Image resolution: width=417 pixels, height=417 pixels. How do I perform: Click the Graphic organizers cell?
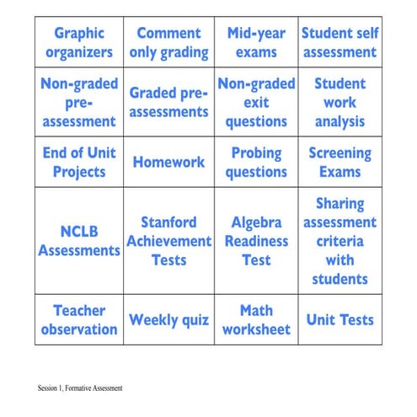point(79,43)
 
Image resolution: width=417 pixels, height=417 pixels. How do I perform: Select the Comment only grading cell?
point(168,43)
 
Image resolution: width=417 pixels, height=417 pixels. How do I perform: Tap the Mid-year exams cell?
point(256,43)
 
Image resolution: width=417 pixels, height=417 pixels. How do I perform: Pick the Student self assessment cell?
point(339,43)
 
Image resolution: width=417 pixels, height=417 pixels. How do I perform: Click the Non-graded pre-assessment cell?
point(79,103)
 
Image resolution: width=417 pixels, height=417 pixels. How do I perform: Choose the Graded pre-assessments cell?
point(168,103)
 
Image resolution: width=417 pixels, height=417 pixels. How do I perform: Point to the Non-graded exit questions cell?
point(256,103)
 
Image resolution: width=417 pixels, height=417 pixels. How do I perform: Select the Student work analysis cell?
point(339,103)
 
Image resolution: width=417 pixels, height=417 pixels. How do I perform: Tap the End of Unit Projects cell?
point(79,163)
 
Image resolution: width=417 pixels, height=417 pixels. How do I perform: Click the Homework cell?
point(168,163)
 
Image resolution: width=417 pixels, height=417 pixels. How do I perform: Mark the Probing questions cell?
point(256,163)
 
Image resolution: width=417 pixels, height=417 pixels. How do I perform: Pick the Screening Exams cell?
point(339,163)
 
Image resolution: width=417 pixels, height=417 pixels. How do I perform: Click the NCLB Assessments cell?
point(79,241)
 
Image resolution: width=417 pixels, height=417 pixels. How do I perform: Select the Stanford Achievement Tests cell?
point(168,241)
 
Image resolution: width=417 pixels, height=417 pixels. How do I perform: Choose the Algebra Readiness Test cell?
point(256,241)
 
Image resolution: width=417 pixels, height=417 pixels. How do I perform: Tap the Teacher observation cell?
point(79,320)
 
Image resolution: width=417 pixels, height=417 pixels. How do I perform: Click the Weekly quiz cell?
point(168,320)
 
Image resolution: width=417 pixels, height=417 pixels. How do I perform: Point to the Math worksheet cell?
point(256,320)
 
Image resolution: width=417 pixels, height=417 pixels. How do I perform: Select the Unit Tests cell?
point(339,320)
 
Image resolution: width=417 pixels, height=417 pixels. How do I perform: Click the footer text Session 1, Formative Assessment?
point(80,388)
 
